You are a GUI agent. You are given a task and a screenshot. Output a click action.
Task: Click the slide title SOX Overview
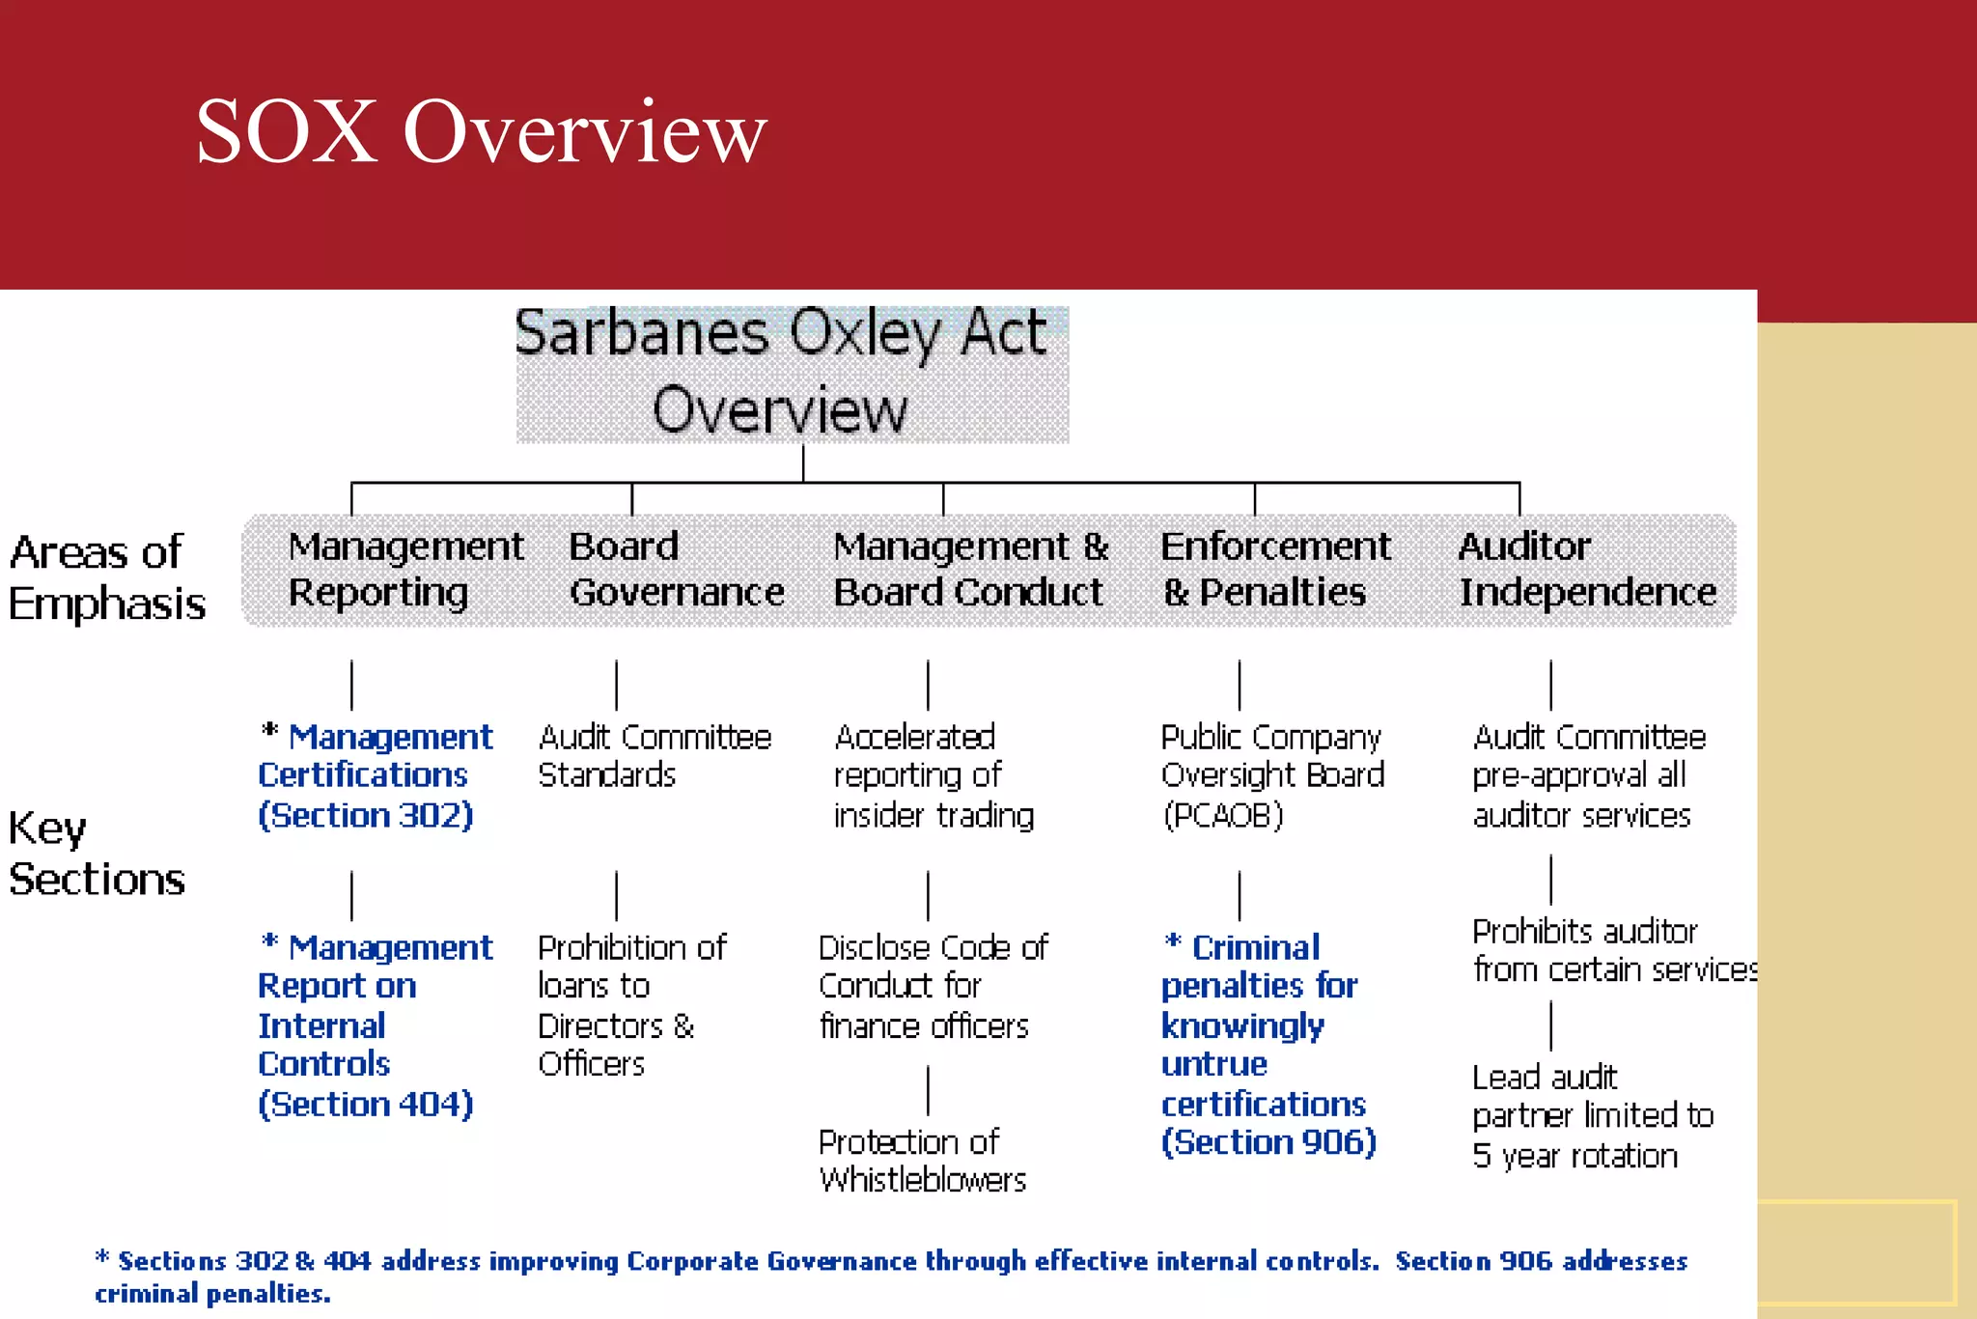[481, 132]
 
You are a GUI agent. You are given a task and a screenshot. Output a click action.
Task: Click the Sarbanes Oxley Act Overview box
[792, 374]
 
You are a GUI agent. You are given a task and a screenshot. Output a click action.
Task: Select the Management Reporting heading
[404, 570]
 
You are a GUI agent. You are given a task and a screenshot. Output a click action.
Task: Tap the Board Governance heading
[676, 570]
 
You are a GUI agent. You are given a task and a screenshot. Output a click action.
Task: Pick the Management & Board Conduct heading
[970, 570]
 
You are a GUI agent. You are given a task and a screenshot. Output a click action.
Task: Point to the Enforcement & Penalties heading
[1274, 570]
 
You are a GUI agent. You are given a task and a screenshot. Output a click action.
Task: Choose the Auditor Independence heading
[1586, 570]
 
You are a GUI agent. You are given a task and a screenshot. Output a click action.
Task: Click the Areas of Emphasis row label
[106, 577]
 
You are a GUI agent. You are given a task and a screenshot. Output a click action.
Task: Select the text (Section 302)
[366, 816]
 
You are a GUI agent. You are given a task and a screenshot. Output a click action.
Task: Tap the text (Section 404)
[366, 1105]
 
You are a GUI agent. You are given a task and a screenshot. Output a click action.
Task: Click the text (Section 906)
[1268, 1143]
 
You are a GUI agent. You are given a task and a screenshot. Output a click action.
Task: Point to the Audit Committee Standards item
[654, 756]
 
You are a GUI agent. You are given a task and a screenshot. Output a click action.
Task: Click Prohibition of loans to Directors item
[631, 1005]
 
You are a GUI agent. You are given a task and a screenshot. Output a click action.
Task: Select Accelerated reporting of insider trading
[933, 776]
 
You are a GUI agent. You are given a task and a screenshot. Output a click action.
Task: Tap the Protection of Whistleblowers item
[922, 1161]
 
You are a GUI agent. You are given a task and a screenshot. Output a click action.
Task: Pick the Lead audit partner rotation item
[1592, 1116]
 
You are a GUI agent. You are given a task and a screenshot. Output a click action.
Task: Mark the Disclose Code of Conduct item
[933, 986]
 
